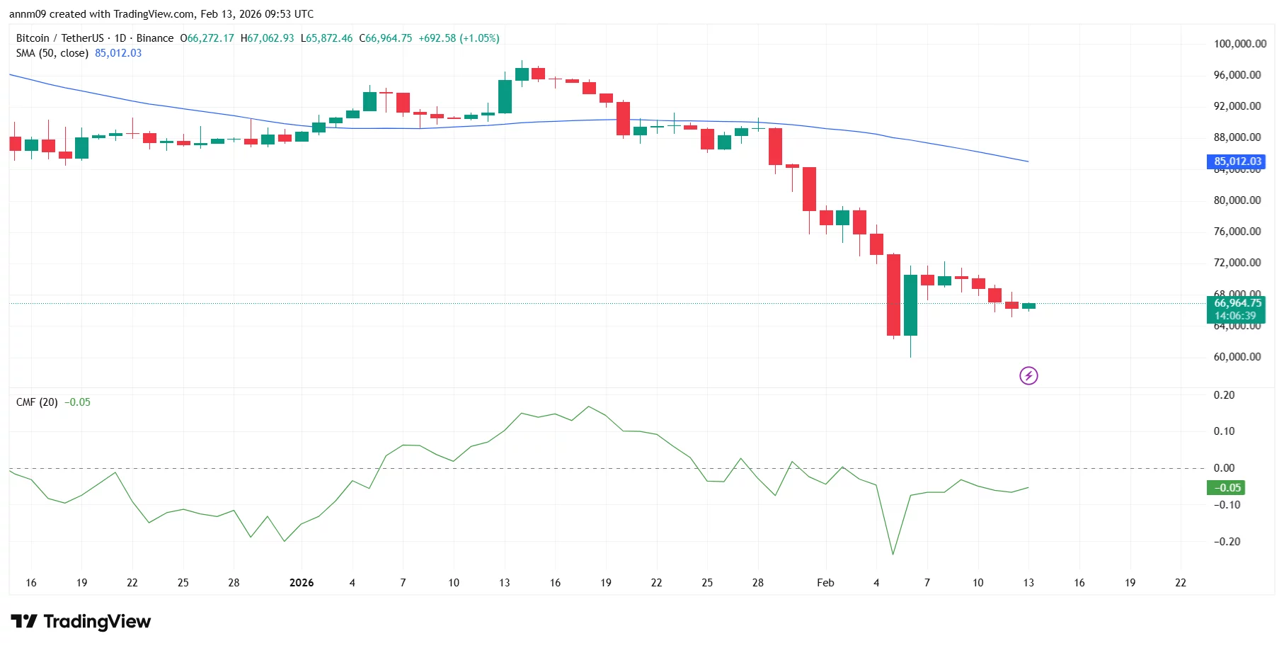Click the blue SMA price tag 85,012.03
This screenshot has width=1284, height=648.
[1235, 161]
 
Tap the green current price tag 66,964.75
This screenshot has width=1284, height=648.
[1235, 303]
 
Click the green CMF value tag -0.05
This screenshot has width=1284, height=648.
[1225, 487]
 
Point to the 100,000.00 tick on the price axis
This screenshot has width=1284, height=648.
[1239, 44]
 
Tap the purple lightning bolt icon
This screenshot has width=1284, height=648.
[1028, 375]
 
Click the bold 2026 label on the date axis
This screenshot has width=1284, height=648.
[302, 583]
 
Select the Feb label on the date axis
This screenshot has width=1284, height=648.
[825, 583]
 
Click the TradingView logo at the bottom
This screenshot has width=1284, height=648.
[81, 622]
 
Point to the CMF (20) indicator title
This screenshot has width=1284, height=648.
[37, 402]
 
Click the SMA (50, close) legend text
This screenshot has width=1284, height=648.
[52, 53]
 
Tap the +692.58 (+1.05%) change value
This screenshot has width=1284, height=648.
[459, 38]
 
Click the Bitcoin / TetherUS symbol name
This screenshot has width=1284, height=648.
[59, 38]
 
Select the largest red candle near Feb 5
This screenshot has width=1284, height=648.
[893, 295]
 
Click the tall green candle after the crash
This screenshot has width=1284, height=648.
[910, 305]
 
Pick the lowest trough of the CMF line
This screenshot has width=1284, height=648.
[893, 554]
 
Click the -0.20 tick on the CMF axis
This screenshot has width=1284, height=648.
[1227, 542]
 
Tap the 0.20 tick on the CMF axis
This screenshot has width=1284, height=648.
[1224, 395]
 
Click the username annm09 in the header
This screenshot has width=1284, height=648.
[27, 14]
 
